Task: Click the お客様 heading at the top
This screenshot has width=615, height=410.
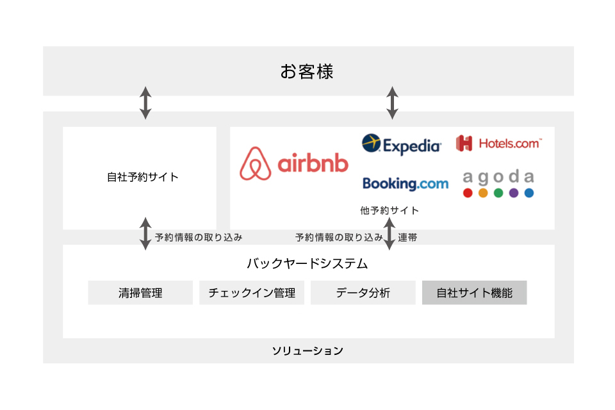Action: pos(307,72)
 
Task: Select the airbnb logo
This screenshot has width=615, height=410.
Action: pos(294,163)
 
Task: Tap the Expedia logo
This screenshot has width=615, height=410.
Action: pos(401,144)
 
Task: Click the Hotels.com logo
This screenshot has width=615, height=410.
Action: pos(499,143)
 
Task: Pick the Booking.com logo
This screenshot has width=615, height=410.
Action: pos(405,184)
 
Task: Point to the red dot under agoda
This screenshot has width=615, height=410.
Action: pos(468,193)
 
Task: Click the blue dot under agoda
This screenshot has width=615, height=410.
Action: pos(529,193)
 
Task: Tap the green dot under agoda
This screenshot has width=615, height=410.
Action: pos(498,193)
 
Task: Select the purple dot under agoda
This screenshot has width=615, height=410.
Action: pos(514,193)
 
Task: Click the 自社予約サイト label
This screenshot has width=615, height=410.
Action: pos(143,177)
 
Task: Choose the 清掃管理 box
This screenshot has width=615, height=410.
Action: pos(140,293)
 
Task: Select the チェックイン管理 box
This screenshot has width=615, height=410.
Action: pos(252,293)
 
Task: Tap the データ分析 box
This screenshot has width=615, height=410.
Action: pos(363,293)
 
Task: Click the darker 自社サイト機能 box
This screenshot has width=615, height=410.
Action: pos(475,293)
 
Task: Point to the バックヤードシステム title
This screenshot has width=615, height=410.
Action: pos(307,263)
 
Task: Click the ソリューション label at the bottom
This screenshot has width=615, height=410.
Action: pos(307,351)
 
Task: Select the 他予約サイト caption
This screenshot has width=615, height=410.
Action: pos(389,211)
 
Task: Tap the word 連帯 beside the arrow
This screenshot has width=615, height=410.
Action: pos(407,238)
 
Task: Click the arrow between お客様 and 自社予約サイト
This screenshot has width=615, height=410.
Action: pos(145,102)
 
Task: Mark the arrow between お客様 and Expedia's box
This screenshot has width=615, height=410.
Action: pos(392,102)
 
